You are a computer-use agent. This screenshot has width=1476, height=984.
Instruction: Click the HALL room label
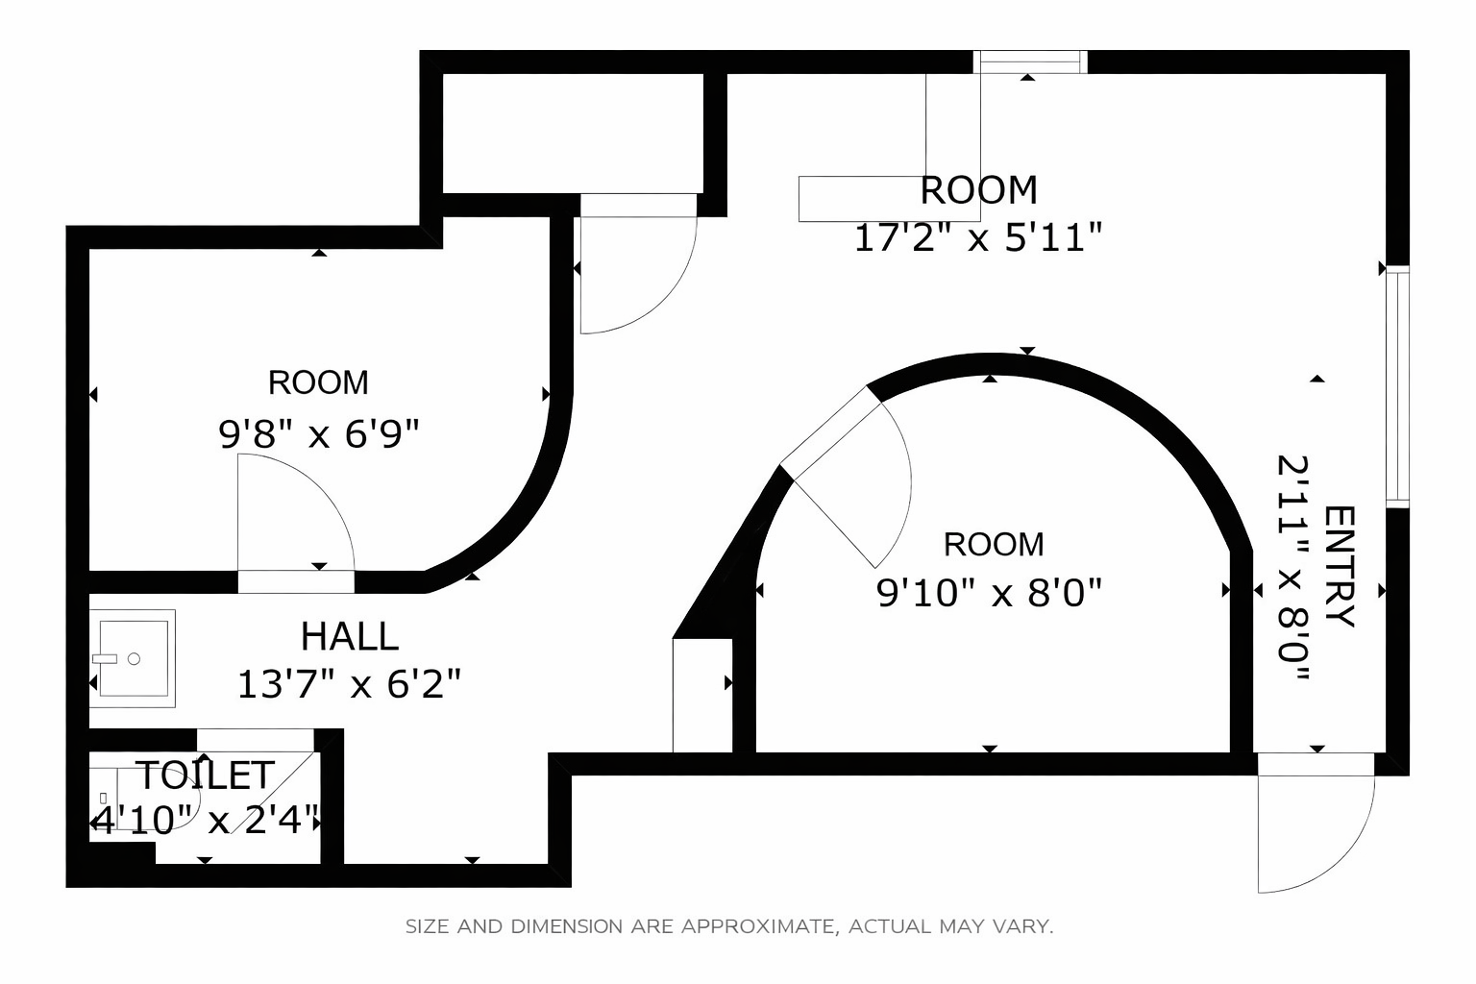[x=349, y=637]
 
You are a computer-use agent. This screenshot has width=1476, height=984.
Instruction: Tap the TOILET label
[x=206, y=775]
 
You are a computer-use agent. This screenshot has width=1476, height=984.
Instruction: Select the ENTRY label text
[x=1339, y=567]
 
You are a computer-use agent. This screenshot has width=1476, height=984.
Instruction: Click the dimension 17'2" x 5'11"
[x=978, y=238]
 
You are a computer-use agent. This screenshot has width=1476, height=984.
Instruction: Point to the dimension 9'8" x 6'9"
[x=319, y=434]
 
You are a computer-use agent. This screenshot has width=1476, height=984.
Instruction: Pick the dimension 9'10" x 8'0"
[x=989, y=593]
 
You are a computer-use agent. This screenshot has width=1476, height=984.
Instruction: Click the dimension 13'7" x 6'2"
[x=349, y=684]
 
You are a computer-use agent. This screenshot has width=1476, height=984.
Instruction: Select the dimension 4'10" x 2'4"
[x=206, y=821]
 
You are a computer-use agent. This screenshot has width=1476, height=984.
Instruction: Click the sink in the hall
[x=133, y=658]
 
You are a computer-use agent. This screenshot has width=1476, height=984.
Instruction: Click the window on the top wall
[x=1030, y=61]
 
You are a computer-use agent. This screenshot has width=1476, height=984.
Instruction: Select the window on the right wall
[x=1397, y=387]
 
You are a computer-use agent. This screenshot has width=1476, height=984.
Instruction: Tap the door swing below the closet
[x=638, y=263]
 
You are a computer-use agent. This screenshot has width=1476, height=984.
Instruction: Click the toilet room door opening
[x=256, y=740]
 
